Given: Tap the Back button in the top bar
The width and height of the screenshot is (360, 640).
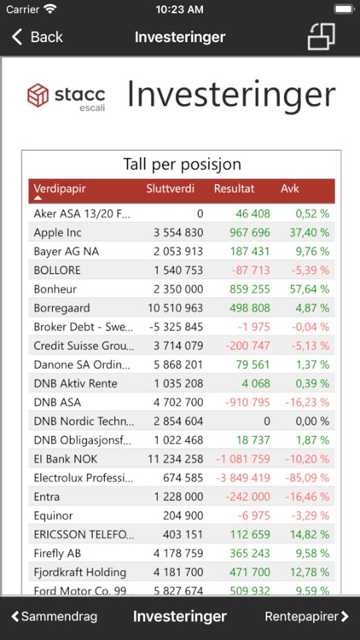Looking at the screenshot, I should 38,37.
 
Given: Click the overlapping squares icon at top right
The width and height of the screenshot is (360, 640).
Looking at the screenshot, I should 321,37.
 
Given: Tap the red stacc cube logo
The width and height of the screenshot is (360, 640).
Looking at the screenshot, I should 39,96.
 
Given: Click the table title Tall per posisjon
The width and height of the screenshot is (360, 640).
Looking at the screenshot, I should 182,165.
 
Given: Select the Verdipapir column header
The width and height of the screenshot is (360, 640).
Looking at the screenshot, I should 60,189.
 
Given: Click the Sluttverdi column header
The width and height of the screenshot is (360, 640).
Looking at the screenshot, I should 171,189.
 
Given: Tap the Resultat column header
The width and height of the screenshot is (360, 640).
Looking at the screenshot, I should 234,189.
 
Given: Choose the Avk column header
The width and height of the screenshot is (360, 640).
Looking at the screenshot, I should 290,189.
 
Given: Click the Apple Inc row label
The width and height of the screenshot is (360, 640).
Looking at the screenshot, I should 57,232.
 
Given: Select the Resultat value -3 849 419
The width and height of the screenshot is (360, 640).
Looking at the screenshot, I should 242,477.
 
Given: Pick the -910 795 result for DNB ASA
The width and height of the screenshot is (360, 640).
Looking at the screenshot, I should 246,402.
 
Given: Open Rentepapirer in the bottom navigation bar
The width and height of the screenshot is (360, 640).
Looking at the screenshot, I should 306,616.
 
